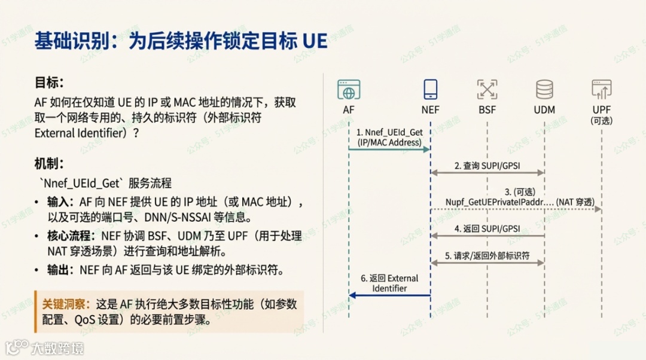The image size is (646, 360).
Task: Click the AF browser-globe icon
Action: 349,90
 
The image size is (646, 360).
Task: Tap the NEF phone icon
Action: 430,90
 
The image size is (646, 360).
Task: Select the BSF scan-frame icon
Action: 487,90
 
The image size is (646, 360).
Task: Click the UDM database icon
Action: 544,90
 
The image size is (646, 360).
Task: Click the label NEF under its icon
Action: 430,109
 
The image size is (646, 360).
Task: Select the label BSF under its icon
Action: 487,109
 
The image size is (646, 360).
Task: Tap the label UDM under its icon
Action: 544,109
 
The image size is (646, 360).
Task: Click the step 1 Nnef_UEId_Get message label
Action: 389,137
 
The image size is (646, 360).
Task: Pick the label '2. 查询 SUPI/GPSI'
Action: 487,165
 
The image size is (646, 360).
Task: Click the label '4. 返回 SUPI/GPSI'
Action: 487,228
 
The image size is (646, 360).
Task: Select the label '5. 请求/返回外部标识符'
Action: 487,256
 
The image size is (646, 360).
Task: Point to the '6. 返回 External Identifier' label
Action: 389,283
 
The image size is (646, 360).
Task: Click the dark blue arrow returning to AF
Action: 389,295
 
